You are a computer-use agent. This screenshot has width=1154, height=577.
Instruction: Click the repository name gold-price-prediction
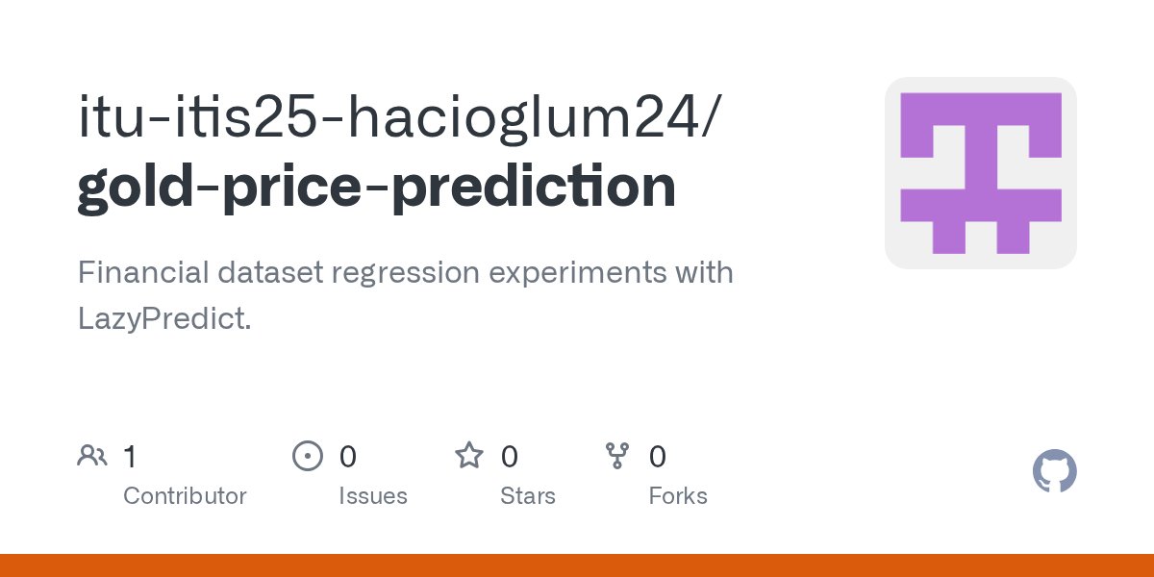click(376, 188)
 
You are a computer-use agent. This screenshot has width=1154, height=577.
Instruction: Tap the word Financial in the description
click(140, 273)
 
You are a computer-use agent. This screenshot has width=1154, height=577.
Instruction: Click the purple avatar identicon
click(980, 173)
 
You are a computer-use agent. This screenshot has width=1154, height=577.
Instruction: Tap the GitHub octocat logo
click(1054, 471)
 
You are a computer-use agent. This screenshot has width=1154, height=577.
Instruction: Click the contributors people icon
click(92, 456)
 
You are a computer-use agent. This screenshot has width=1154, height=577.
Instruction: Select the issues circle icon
click(307, 456)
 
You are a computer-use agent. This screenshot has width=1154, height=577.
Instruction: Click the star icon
click(469, 456)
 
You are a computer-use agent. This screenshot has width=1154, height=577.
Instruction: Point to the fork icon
click(616, 456)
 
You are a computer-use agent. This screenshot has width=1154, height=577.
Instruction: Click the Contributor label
click(185, 496)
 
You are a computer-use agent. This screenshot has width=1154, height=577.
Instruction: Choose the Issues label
click(373, 496)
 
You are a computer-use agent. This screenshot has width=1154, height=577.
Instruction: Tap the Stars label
click(528, 496)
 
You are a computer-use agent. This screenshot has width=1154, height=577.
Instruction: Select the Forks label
click(678, 496)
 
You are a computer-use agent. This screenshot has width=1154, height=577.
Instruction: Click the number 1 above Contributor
click(130, 457)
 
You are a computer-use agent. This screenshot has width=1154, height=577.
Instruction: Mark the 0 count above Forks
click(658, 457)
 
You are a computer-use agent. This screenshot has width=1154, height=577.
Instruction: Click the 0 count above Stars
click(510, 457)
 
